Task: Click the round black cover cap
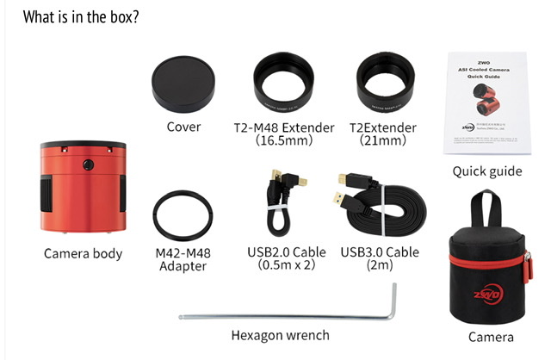coord(183,84)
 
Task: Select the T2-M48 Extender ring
coord(284,84)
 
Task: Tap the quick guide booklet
coord(483,103)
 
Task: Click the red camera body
coord(84,188)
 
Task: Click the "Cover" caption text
coord(183,127)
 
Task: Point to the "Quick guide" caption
coord(487,171)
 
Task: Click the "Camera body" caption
coord(83,254)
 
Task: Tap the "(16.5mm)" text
coord(283,141)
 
